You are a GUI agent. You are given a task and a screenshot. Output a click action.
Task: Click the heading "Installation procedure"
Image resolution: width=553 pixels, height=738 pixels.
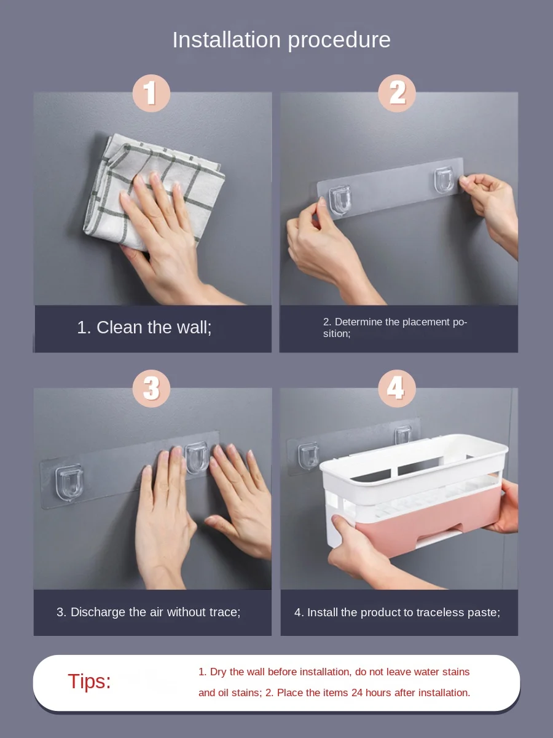[281, 41]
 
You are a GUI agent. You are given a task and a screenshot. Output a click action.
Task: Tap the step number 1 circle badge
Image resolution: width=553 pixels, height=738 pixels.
[151, 93]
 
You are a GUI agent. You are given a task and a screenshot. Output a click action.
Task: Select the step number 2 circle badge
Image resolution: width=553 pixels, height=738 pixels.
[397, 93]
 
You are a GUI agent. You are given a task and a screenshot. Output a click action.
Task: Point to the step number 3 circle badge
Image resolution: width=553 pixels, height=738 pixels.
[151, 389]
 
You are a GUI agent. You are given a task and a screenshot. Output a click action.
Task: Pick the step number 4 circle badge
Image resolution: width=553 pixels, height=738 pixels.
[397, 389]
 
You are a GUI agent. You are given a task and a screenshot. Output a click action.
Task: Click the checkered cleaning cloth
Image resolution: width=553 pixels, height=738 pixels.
[153, 192]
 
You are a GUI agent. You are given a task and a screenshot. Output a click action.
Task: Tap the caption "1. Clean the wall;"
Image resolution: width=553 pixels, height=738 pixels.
[144, 327]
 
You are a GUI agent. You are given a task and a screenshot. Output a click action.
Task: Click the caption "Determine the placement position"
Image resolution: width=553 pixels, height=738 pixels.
[395, 327]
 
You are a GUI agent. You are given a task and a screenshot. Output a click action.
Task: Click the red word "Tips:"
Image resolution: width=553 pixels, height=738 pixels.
[89, 681]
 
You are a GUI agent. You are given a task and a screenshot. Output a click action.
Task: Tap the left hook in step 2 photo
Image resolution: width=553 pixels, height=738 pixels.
[340, 200]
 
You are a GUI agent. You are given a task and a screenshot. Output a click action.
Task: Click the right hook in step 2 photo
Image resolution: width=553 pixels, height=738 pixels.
[444, 181]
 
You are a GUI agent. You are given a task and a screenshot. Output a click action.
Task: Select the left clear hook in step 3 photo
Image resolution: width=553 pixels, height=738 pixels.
[69, 482]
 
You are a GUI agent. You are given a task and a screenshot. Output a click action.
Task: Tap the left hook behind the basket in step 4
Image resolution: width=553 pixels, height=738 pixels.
[308, 456]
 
